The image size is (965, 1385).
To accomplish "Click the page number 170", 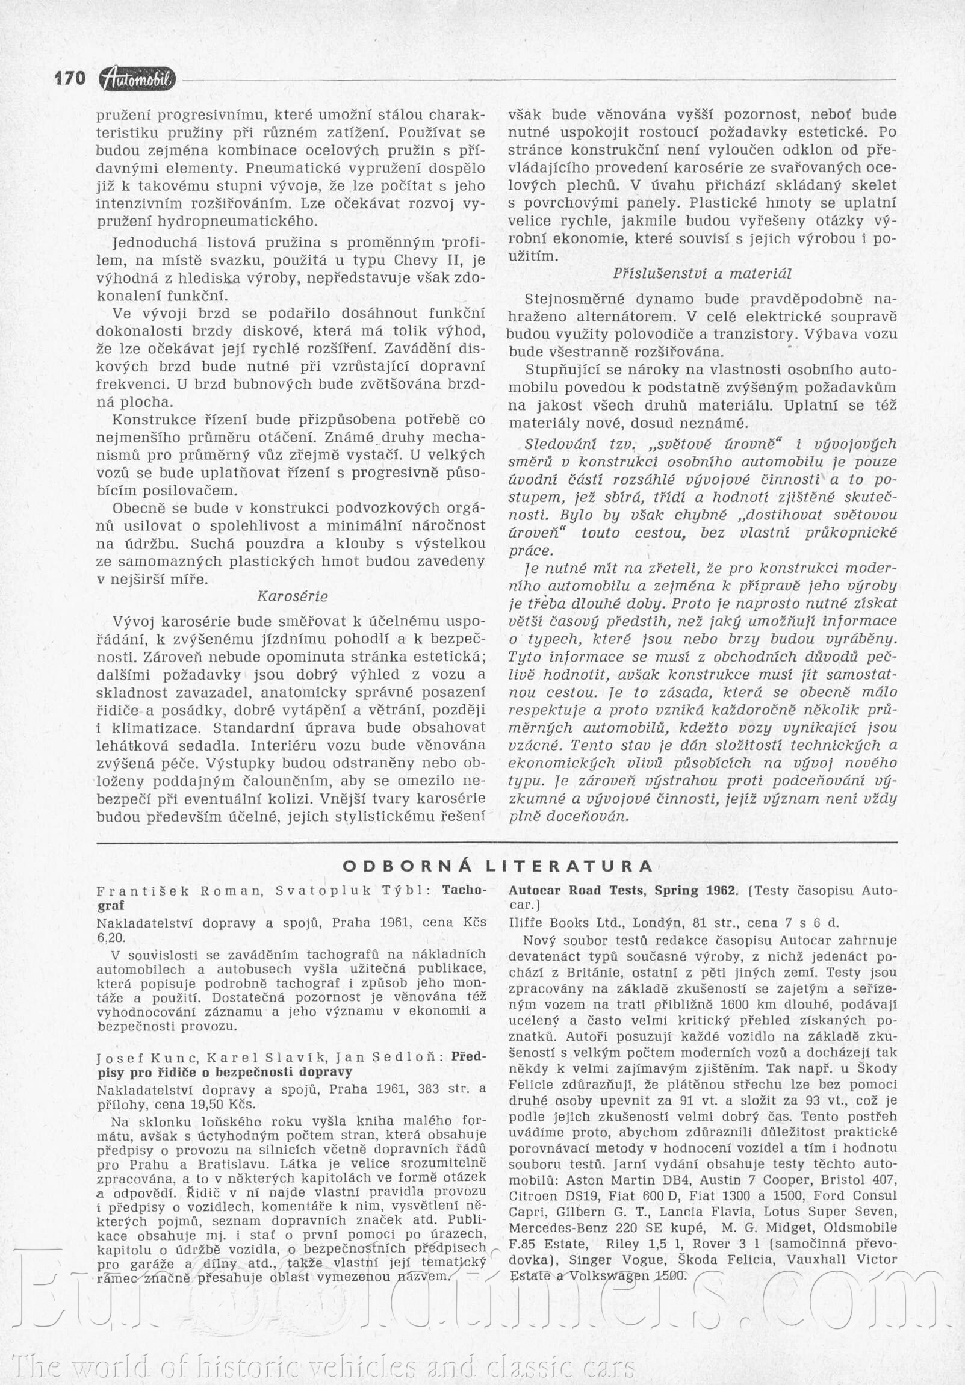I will [x=70, y=78].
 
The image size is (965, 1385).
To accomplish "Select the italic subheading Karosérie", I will [x=293, y=596].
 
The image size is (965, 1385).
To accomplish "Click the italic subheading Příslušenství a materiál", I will [x=703, y=274].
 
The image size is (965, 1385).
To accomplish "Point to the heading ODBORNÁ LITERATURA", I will [x=498, y=867].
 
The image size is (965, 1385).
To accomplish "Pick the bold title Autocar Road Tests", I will [x=623, y=890].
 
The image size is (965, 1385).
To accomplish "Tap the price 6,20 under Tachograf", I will [x=109, y=938].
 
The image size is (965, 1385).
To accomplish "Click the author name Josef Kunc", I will [x=146, y=1057].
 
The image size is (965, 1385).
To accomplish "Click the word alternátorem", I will [x=640, y=317].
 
